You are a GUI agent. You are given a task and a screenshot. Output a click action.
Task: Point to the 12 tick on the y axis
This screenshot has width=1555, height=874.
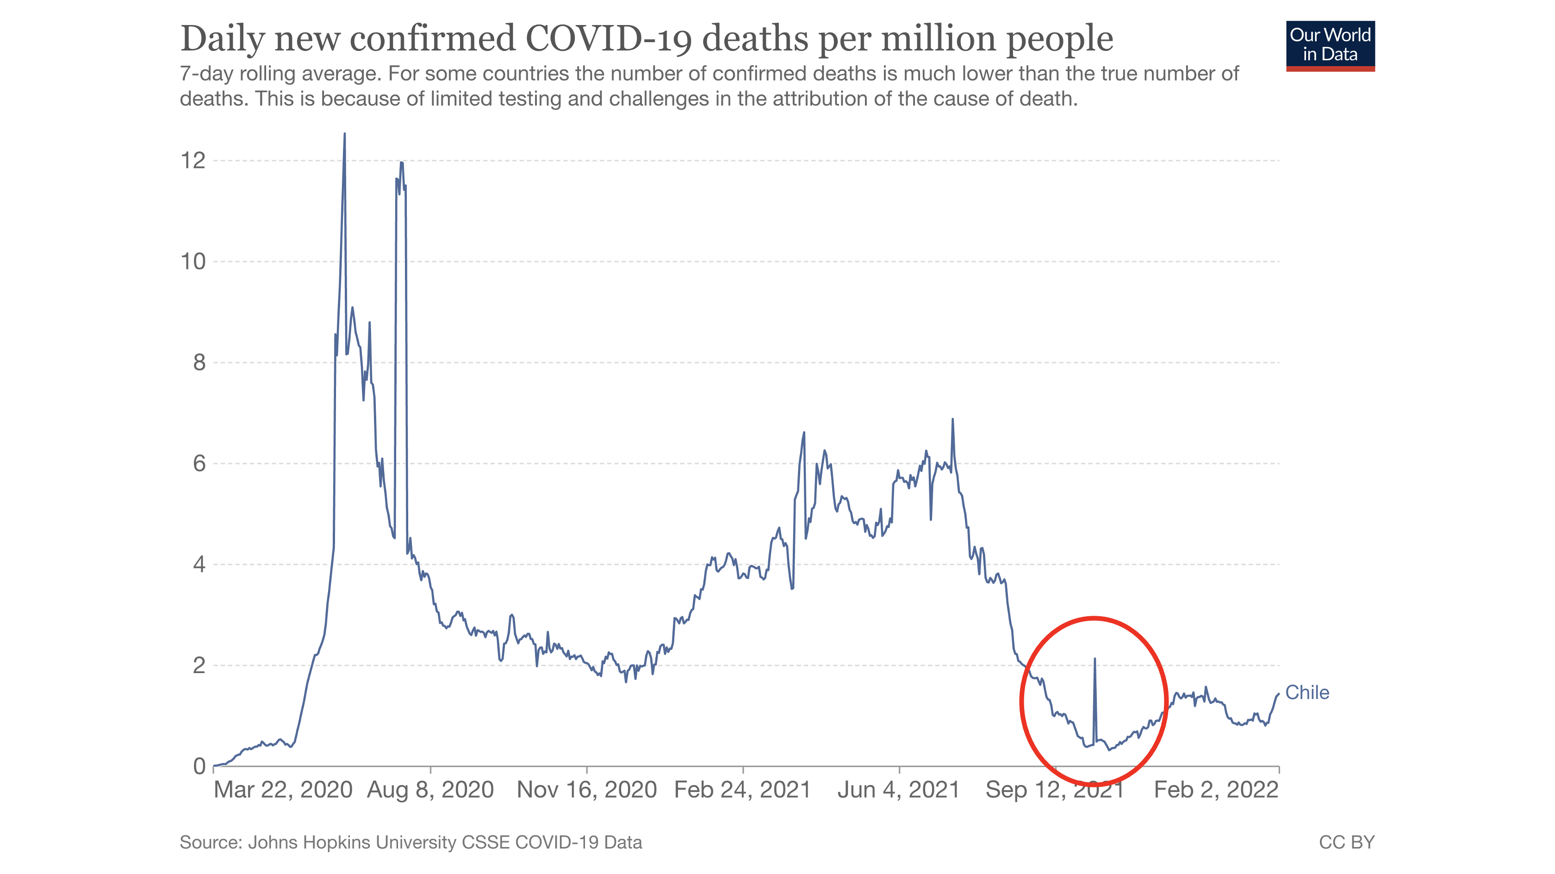pos(193,161)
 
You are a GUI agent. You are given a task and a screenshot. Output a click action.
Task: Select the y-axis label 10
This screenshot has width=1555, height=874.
pos(193,262)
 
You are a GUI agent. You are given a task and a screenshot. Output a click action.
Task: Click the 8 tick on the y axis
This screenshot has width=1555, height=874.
pos(199,362)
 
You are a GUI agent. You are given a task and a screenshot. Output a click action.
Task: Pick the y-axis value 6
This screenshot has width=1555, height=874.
pos(199,463)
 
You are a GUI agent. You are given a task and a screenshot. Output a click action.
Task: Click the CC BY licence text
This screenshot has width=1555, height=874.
pos(1346,842)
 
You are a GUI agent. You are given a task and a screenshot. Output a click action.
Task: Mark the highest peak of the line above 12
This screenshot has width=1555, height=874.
pos(345,134)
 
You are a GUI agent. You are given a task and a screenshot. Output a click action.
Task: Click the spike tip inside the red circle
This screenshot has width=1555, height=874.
pos(1095,659)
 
